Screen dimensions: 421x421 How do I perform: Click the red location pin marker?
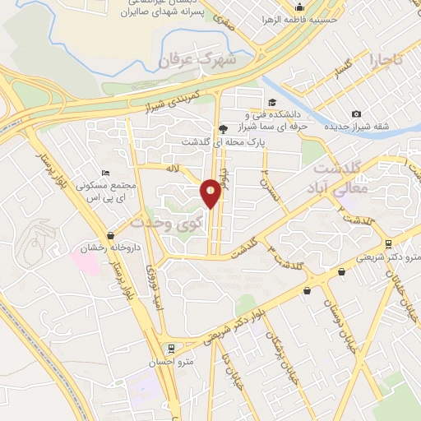[211, 192]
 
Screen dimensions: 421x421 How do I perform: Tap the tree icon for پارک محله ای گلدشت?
[224, 128]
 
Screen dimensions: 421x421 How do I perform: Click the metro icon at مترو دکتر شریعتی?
[388, 244]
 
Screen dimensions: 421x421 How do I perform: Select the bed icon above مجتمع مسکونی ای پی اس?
[104, 173]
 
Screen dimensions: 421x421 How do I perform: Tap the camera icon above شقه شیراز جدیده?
[355, 113]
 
